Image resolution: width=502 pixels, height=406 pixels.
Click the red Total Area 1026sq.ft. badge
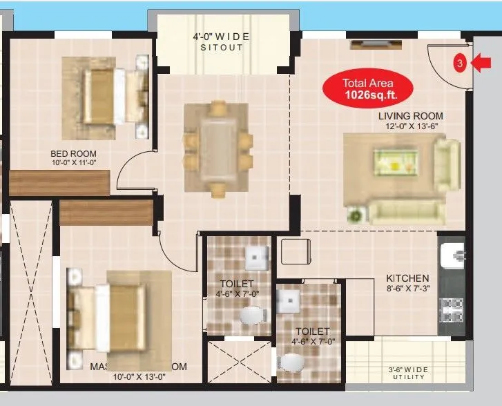point(369,88)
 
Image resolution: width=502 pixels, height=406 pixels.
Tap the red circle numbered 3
point(459,64)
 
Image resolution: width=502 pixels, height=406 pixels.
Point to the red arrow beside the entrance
point(481,63)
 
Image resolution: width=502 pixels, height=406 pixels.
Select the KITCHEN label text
point(407,278)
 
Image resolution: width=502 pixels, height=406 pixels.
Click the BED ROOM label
point(73,153)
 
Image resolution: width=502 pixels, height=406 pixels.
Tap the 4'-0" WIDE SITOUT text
point(222,41)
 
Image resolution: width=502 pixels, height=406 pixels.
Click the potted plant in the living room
point(356,215)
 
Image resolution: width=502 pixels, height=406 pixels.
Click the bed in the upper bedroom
point(106,97)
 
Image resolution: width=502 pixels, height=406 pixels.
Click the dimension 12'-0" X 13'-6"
point(414,127)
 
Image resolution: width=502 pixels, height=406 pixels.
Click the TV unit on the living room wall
point(373,45)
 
